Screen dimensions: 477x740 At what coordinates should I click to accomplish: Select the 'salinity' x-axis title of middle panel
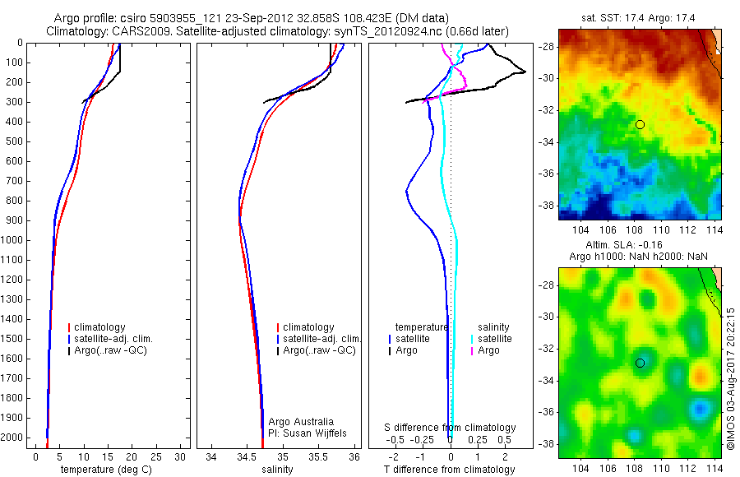click(277, 470)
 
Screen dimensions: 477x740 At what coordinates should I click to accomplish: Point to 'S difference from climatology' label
click(450, 428)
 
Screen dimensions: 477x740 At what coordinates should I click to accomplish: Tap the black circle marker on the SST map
click(640, 124)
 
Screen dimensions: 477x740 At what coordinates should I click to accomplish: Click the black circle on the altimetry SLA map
click(640, 363)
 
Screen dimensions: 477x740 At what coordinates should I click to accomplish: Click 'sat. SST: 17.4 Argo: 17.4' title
click(640, 17)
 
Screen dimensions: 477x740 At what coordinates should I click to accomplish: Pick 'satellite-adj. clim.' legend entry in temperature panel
click(113, 339)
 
